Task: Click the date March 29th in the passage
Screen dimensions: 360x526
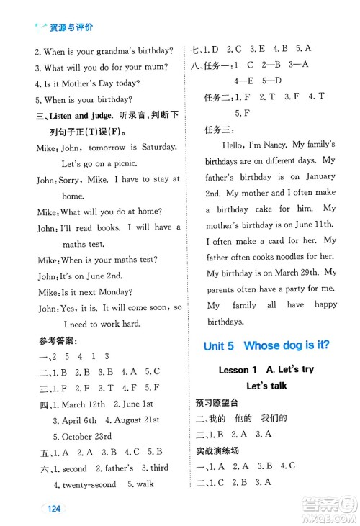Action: [x=294, y=273]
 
